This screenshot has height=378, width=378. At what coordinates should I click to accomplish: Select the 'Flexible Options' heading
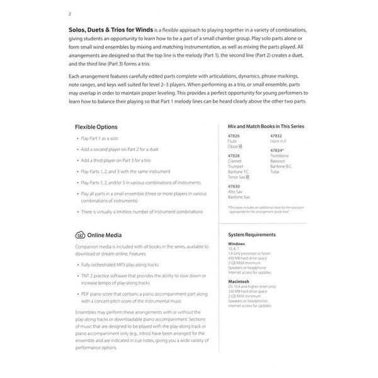pos(96,127)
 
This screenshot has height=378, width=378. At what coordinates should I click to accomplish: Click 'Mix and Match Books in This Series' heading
pos(266,126)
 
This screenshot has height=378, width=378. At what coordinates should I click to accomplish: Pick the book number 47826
pos(235,136)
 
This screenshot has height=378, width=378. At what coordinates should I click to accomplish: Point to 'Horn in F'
pos(280,140)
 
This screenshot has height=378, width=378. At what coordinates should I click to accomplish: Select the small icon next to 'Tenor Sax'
pos(248,177)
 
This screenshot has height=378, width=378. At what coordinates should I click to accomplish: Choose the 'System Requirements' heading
pos(252,234)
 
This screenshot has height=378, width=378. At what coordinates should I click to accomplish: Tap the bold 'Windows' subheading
pos(236,243)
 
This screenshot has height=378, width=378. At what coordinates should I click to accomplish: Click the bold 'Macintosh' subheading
pos(239,281)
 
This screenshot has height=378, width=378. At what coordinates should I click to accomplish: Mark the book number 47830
pos(235,187)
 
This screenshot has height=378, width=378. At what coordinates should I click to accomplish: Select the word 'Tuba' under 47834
pos(275,171)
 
